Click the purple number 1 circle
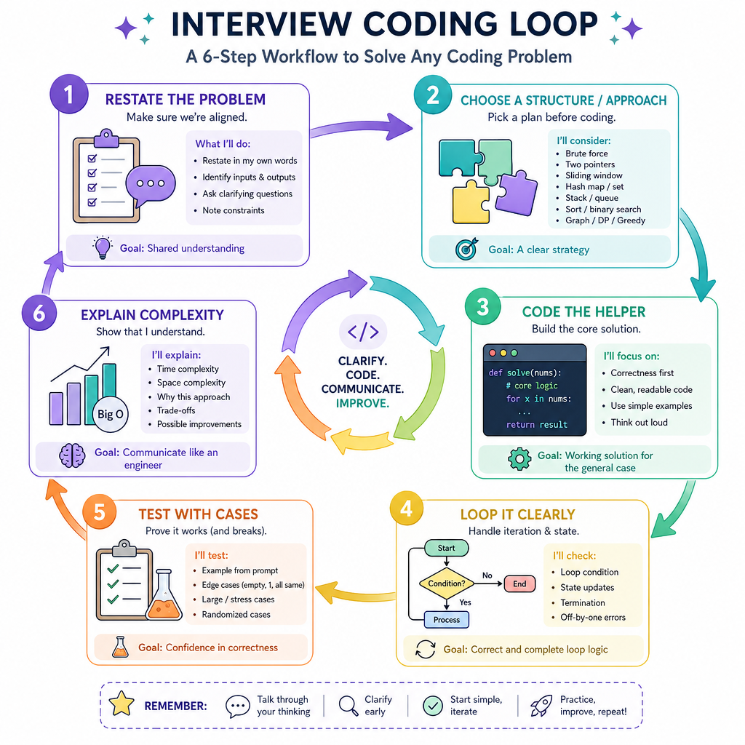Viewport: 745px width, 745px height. (x=69, y=94)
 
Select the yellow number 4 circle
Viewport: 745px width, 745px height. (x=407, y=508)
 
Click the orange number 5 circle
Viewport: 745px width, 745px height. (x=99, y=511)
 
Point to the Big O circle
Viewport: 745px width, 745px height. (x=111, y=414)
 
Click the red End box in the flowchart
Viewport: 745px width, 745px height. (x=519, y=584)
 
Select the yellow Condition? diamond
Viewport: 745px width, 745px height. (x=447, y=583)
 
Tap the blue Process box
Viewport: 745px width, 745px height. (x=447, y=620)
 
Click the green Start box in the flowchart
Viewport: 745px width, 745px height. (x=446, y=548)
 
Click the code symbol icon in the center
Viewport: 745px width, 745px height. (x=363, y=332)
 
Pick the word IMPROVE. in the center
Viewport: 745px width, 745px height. (x=362, y=403)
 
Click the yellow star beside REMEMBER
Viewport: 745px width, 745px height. (x=121, y=704)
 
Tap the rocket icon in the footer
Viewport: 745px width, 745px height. (x=541, y=706)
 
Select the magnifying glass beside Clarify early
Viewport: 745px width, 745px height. (x=348, y=706)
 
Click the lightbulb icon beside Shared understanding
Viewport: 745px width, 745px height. (x=102, y=247)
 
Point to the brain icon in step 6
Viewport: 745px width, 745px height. (x=72, y=455)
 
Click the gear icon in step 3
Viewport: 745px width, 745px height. (x=519, y=459)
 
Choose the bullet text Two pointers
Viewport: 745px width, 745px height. (x=590, y=164)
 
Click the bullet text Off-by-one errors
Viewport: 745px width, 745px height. (x=593, y=617)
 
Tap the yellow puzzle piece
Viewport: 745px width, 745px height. (x=471, y=202)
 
